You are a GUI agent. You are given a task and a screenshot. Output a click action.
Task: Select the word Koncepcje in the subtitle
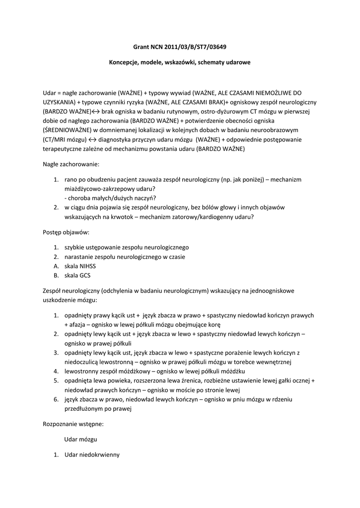coord(124,63)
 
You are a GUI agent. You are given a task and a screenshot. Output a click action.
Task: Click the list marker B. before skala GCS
coord(56,275)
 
